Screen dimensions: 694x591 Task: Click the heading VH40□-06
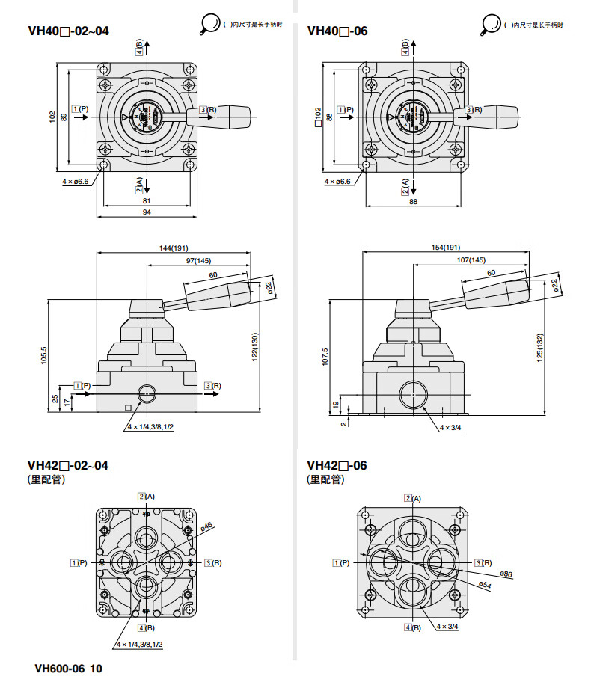pyautogui.click(x=337, y=31)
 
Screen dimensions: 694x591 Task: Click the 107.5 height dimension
pyautogui.click(x=324, y=355)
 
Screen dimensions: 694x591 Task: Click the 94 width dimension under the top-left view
pyautogui.click(x=147, y=213)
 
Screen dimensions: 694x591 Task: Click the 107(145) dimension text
pyautogui.click(x=471, y=260)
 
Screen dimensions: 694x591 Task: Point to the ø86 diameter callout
pyautogui.click(x=506, y=574)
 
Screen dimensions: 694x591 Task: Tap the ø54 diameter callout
pyautogui.click(x=486, y=584)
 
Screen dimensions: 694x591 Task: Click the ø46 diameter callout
pyautogui.click(x=206, y=526)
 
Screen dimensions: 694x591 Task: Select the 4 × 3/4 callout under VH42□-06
pyautogui.click(x=448, y=627)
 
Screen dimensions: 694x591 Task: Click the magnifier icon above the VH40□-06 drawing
pyautogui.click(x=491, y=25)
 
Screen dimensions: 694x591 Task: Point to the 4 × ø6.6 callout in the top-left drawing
pyautogui.click(x=76, y=181)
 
